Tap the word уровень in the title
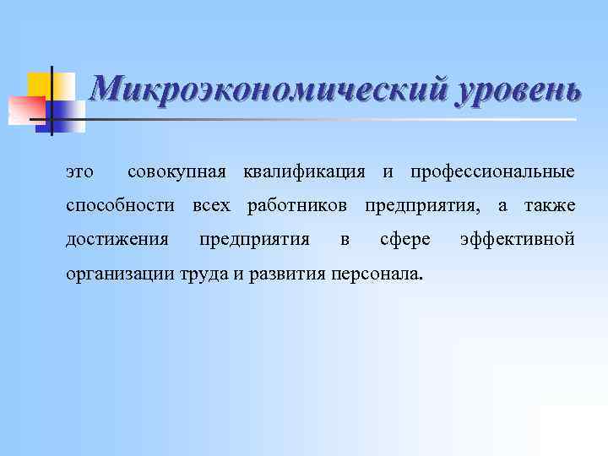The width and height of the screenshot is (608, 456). (x=518, y=90)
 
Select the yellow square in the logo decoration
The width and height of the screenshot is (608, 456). (x=39, y=84)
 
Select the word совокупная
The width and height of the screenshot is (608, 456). (x=176, y=172)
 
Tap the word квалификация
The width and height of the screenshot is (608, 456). (x=304, y=172)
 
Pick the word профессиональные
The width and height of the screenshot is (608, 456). (x=492, y=172)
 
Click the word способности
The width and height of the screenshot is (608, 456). (x=120, y=206)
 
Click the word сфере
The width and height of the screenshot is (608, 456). (x=405, y=240)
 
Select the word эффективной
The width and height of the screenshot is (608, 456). (x=517, y=240)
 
